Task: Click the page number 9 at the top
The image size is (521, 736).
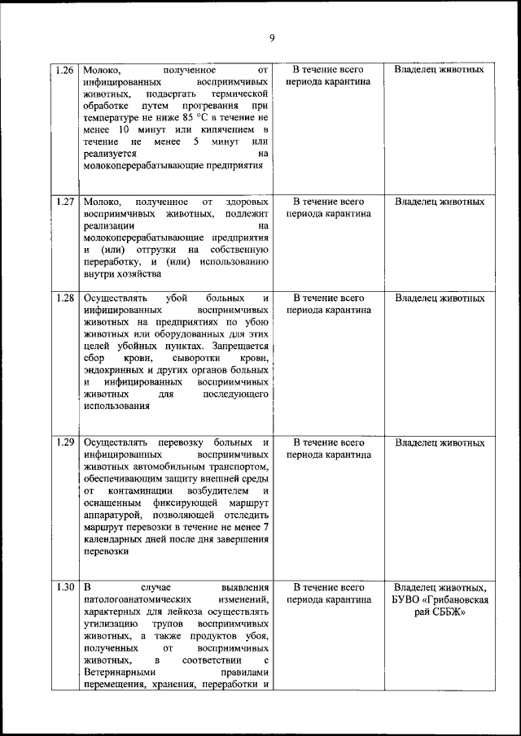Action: pyautogui.click(x=272, y=37)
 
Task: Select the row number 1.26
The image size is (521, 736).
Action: pyautogui.click(x=67, y=70)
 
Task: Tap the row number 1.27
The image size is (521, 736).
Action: pyautogui.click(x=67, y=201)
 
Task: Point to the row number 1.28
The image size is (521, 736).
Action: pyautogui.click(x=67, y=298)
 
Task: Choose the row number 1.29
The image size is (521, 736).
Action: pyautogui.click(x=67, y=443)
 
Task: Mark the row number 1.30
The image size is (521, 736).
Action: pyautogui.click(x=67, y=587)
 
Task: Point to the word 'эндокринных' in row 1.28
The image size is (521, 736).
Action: pyautogui.click(x=112, y=370)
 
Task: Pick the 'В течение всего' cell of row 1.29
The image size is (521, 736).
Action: pyautogui.click(x=328, y=443)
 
